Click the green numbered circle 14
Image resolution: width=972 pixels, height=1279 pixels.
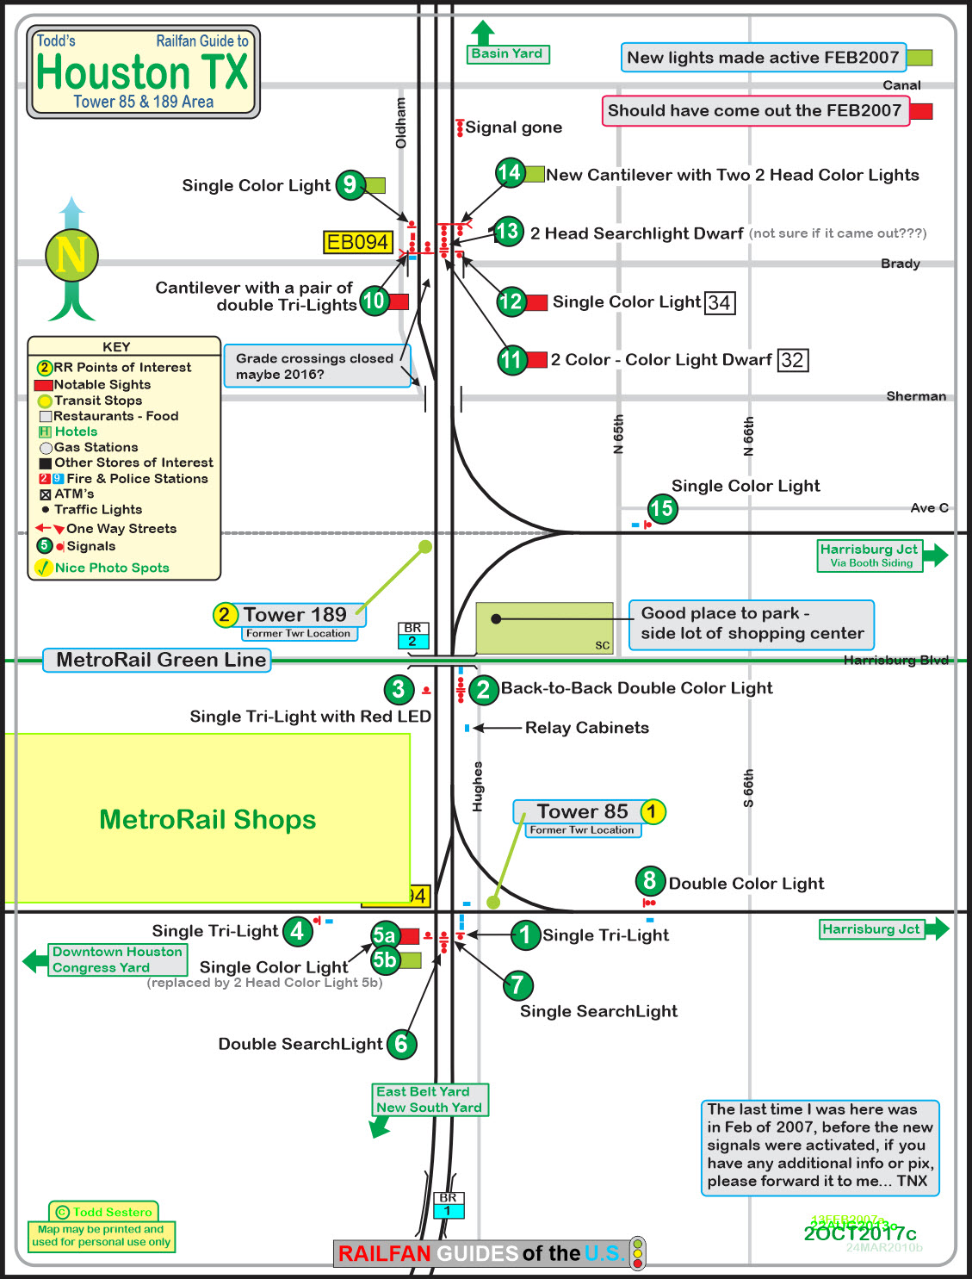(x=510, y=173)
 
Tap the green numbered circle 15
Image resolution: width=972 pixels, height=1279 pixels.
(x=661, y=508)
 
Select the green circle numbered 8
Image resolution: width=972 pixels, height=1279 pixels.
(x=650, y=880)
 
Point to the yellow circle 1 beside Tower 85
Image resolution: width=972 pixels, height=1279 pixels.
(x=652, y=811)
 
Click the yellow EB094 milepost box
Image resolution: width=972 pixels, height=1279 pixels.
(x=358, y=242)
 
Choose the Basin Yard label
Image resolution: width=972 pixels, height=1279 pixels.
(x=507, y=53)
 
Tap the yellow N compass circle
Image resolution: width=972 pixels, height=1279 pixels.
(x=71, y=256)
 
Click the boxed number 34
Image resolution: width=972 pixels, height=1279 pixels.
(x=720, y=302)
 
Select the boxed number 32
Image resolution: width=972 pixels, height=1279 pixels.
(x=792, y=360)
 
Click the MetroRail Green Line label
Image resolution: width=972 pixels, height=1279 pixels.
(x=160, y=660)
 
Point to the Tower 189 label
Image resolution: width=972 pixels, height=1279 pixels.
(x=294, y=614)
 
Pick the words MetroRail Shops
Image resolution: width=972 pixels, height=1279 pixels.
(x=207, y=819)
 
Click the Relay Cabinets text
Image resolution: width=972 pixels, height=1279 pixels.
(x=586, y=728)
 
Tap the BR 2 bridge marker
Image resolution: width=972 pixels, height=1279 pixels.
(x=412, y=635)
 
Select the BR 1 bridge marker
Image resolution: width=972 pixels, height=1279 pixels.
(x=448, y=1204)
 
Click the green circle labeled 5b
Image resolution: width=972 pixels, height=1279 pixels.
(x=385, y=959)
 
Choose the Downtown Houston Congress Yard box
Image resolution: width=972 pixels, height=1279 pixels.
(x=117, y=959)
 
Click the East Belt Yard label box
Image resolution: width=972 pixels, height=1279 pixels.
(x=429, y=1099)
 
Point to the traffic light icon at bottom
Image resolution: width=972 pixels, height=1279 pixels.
(x=637, y=1253)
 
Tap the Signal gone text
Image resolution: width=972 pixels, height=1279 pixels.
(x=513, y=127)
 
